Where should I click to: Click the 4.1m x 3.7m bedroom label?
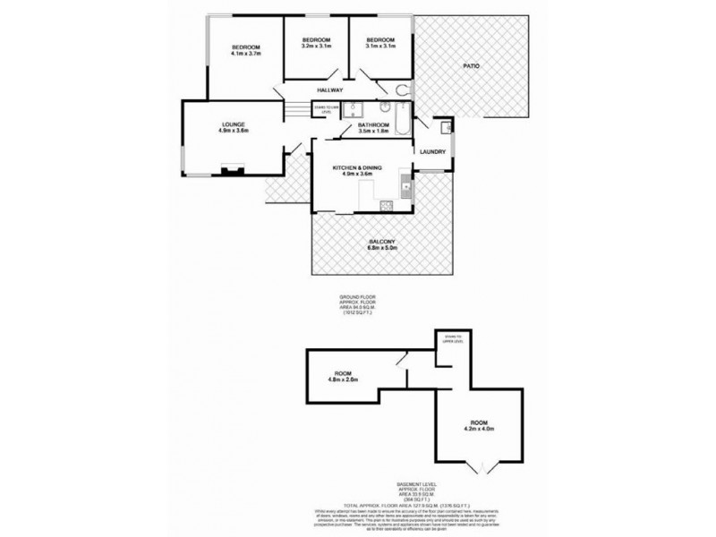[x=245, y=51]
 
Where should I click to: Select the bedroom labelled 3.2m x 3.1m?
[x=316, y=45]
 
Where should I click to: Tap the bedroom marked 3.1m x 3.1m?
[x=381, y=45]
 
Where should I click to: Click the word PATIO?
[x=473, y=65]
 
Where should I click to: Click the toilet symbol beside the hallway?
[x=404, y=89]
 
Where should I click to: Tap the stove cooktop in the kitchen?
[x=388, y=208]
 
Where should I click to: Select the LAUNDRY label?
[x=434, y=152]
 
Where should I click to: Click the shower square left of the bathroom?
[x=354, y=109]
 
